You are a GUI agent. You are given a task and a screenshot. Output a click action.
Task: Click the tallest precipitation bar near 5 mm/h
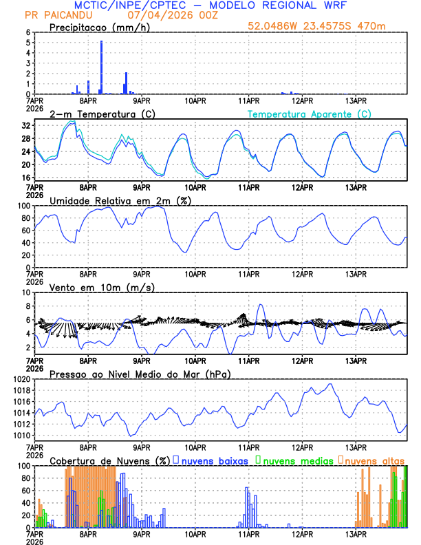[x=101, y=67]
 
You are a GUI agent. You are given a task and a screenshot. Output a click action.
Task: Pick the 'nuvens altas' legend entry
[x=374, y=460]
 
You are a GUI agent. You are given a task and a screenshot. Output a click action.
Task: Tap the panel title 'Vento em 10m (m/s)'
[x=102, y=287]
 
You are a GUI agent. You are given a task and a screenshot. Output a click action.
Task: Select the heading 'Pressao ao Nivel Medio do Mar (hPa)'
[x=140, y=374]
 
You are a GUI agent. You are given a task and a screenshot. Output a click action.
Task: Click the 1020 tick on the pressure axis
[x=25, y=379]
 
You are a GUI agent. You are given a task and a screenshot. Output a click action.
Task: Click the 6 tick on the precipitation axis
[x=28, y=32]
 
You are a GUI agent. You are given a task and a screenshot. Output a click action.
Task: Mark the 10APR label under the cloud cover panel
[x=195, y=533]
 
